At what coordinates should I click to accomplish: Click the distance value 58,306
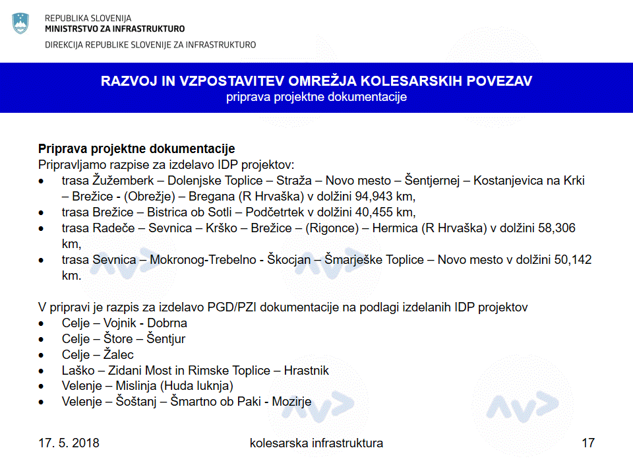[x=553, y=228]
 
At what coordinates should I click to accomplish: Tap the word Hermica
[x=393, y=228]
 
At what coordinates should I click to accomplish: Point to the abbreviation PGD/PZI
[x=244, y=307]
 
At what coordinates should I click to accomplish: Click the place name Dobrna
[x=167, y=323]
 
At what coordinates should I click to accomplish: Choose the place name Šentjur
[x=166, y=339]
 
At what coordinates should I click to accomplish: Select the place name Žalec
[x=119, y=355]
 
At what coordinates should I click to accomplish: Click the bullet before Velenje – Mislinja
[x=42, y=387]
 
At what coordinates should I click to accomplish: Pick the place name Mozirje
[x=289, y=402]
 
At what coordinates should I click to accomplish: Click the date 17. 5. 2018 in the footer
[x=69, y=443]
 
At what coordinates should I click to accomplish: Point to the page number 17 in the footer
[x=588, y=443]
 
